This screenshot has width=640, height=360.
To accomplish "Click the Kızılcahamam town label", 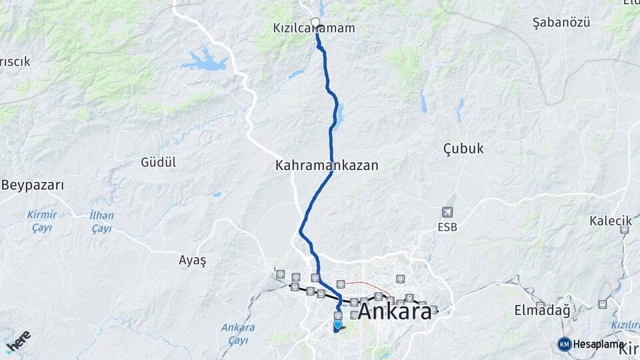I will [x=313, y=29].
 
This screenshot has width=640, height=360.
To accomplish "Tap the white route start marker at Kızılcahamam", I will [x=316, y=22].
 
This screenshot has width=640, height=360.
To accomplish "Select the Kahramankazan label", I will [x=327, y=165].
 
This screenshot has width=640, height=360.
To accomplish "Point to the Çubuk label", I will [x=463, y=149].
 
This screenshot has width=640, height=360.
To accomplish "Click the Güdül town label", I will [x=158, y=162].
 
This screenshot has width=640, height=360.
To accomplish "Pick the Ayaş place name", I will [x=193, y=260].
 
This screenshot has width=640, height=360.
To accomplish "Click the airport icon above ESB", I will [x=447, y=212].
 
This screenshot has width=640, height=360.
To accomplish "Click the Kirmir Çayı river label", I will [x=41, y=221].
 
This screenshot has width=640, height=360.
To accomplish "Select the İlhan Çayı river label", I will [x=101, y=222].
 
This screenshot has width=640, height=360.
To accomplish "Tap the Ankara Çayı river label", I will [x=238, y=334].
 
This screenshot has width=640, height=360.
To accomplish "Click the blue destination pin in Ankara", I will [x=337, y=325].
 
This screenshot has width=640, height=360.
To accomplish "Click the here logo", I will [x=18, y=342].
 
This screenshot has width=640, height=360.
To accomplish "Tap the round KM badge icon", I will [x=564, y=344].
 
